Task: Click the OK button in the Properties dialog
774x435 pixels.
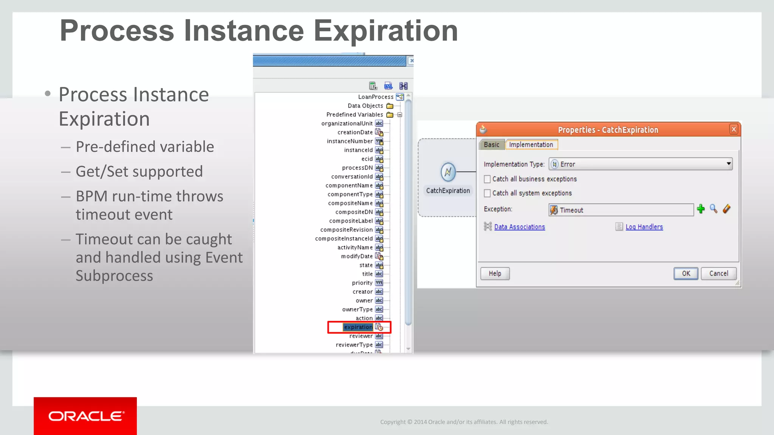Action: click(686, 273)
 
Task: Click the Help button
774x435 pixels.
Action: click(495, 273)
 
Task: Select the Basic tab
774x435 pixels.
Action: click(491, 145)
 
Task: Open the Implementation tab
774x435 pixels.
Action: click(531, 145)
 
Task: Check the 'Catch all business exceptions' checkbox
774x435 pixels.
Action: click(488, 179)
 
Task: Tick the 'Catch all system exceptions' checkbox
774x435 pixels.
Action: click(488, 193)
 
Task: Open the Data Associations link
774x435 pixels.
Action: click(519, 227)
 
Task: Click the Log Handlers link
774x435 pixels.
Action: click(644, 227)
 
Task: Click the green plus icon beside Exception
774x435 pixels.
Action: click(701, 209)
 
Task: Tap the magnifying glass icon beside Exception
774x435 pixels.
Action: click(714, 209)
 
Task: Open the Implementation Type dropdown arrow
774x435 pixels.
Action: click(728, 164)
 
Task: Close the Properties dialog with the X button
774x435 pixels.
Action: click(734, 130)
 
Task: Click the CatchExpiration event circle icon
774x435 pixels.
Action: click(448, 172)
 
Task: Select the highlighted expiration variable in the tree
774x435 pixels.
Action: click(358, 327)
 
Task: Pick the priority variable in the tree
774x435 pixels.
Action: click(362, 283)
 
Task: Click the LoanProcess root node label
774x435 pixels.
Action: click(375, 97)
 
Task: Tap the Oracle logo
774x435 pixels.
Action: click(85, 416)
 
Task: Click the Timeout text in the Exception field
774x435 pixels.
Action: click(571, 210)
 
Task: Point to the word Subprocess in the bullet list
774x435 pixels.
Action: click(114, 276)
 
